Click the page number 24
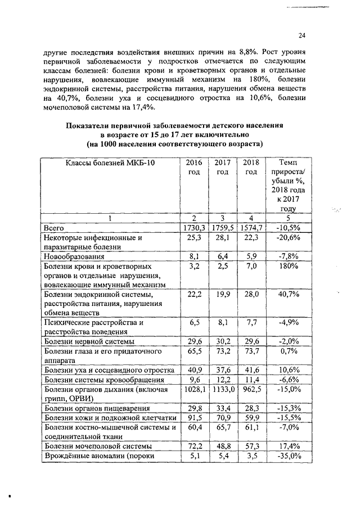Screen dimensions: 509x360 (301, 35)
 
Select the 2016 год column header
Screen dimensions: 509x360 (194, 168)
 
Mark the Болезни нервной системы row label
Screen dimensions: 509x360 (89, 341)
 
